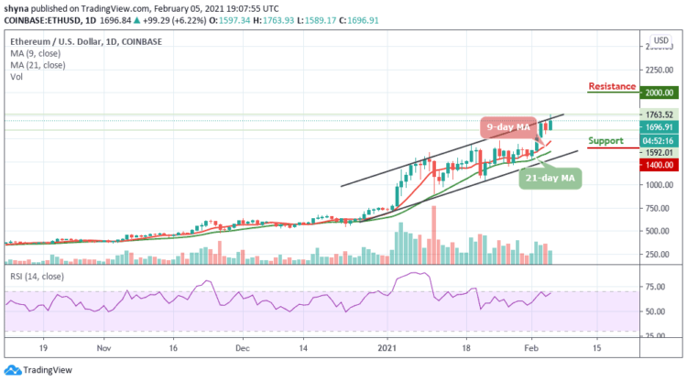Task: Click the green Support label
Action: tap(605, 142)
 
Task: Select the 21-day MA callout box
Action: tap(549, 177)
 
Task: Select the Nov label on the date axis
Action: tap(104, 349)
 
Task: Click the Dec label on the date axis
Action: tap(242, 349)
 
